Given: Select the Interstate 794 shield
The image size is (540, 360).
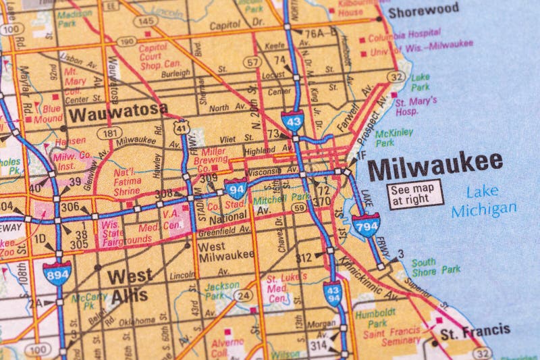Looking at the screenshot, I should (x=365, y=224).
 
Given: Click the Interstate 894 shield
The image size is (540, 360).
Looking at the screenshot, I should (x=57, y=272).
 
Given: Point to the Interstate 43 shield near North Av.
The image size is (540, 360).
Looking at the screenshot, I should (x=292, y=121).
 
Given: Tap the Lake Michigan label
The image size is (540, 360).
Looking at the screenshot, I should (x=483, y=201).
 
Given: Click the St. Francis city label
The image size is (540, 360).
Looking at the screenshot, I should (x=475, y=331).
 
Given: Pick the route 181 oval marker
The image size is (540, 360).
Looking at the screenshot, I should (x=109, y=133).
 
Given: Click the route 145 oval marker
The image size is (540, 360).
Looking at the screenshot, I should (x=146, y=22).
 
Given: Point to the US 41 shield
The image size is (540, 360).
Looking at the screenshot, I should (x=181, y=126).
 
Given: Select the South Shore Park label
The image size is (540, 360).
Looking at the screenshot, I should (x=431, y=266).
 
